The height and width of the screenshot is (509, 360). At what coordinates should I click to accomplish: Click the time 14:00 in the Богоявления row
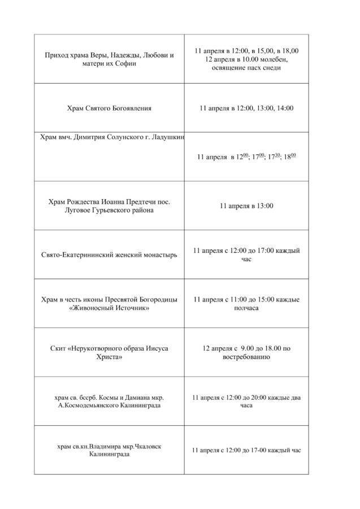(x=285, y=108)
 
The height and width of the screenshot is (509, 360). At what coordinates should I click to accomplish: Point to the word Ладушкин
(x=169, y=137)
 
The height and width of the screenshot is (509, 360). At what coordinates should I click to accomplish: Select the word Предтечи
(x=137, y=201)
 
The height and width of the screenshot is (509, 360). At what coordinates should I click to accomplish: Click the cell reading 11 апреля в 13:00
(x=246, y=206)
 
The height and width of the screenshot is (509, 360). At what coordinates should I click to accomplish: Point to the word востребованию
(x=246, y=357)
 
